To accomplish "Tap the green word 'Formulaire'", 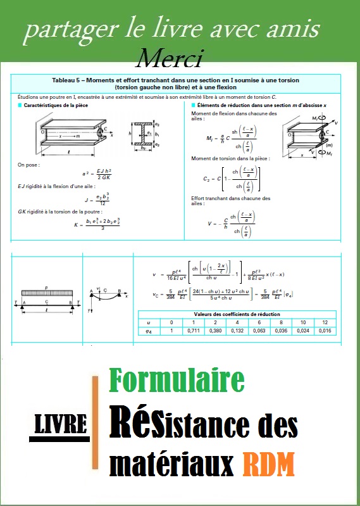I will [177, 380].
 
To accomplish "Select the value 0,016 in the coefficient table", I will [325, 330].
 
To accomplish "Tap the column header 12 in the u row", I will [325, 322].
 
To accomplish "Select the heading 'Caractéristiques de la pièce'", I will [55, 104].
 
